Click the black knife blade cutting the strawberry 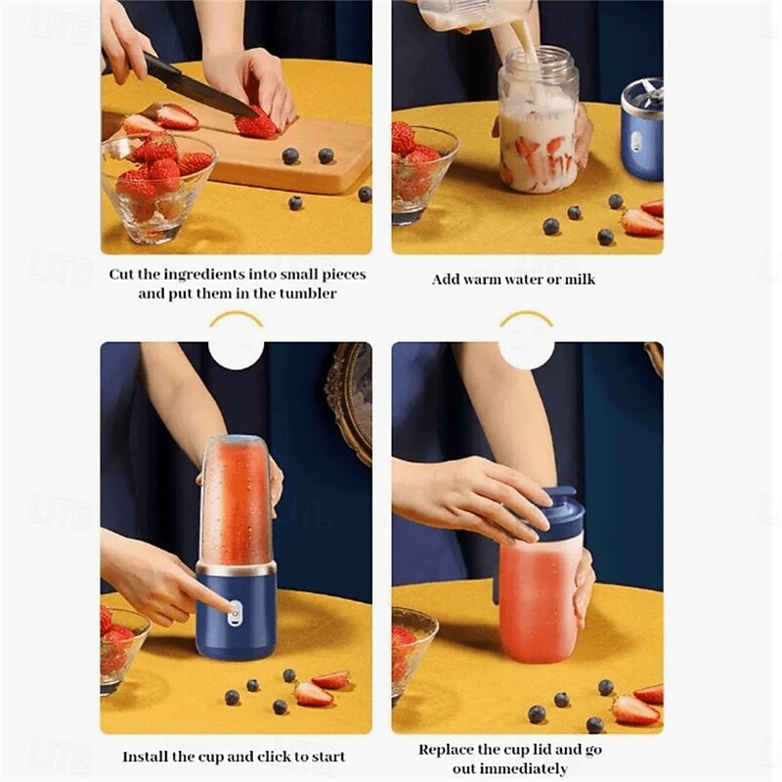209,92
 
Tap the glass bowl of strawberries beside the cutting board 158,188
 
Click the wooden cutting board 280,150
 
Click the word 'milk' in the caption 580,280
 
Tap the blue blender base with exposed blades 642,130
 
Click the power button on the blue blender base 234,614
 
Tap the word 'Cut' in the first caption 120,275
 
